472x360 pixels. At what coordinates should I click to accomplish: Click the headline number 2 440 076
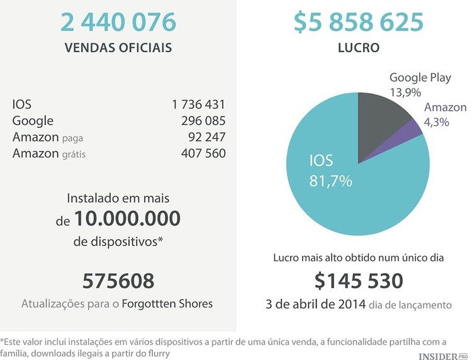[118, 23]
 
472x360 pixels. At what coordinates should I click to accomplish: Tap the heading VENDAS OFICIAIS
[118, 48]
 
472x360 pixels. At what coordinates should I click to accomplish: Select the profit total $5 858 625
[358, 23]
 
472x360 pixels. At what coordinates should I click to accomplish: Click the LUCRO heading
[358, 48]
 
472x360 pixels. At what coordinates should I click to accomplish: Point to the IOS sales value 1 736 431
[198, 104]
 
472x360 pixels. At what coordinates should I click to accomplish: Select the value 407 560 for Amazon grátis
[203, 154]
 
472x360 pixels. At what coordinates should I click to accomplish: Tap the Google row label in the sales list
[33, 121]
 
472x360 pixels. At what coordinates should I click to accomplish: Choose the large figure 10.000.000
[127, 219]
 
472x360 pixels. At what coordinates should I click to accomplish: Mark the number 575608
[118, 281]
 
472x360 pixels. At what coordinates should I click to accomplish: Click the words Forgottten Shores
[167, 303]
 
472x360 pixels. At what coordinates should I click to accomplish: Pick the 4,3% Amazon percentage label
[437, 122]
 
